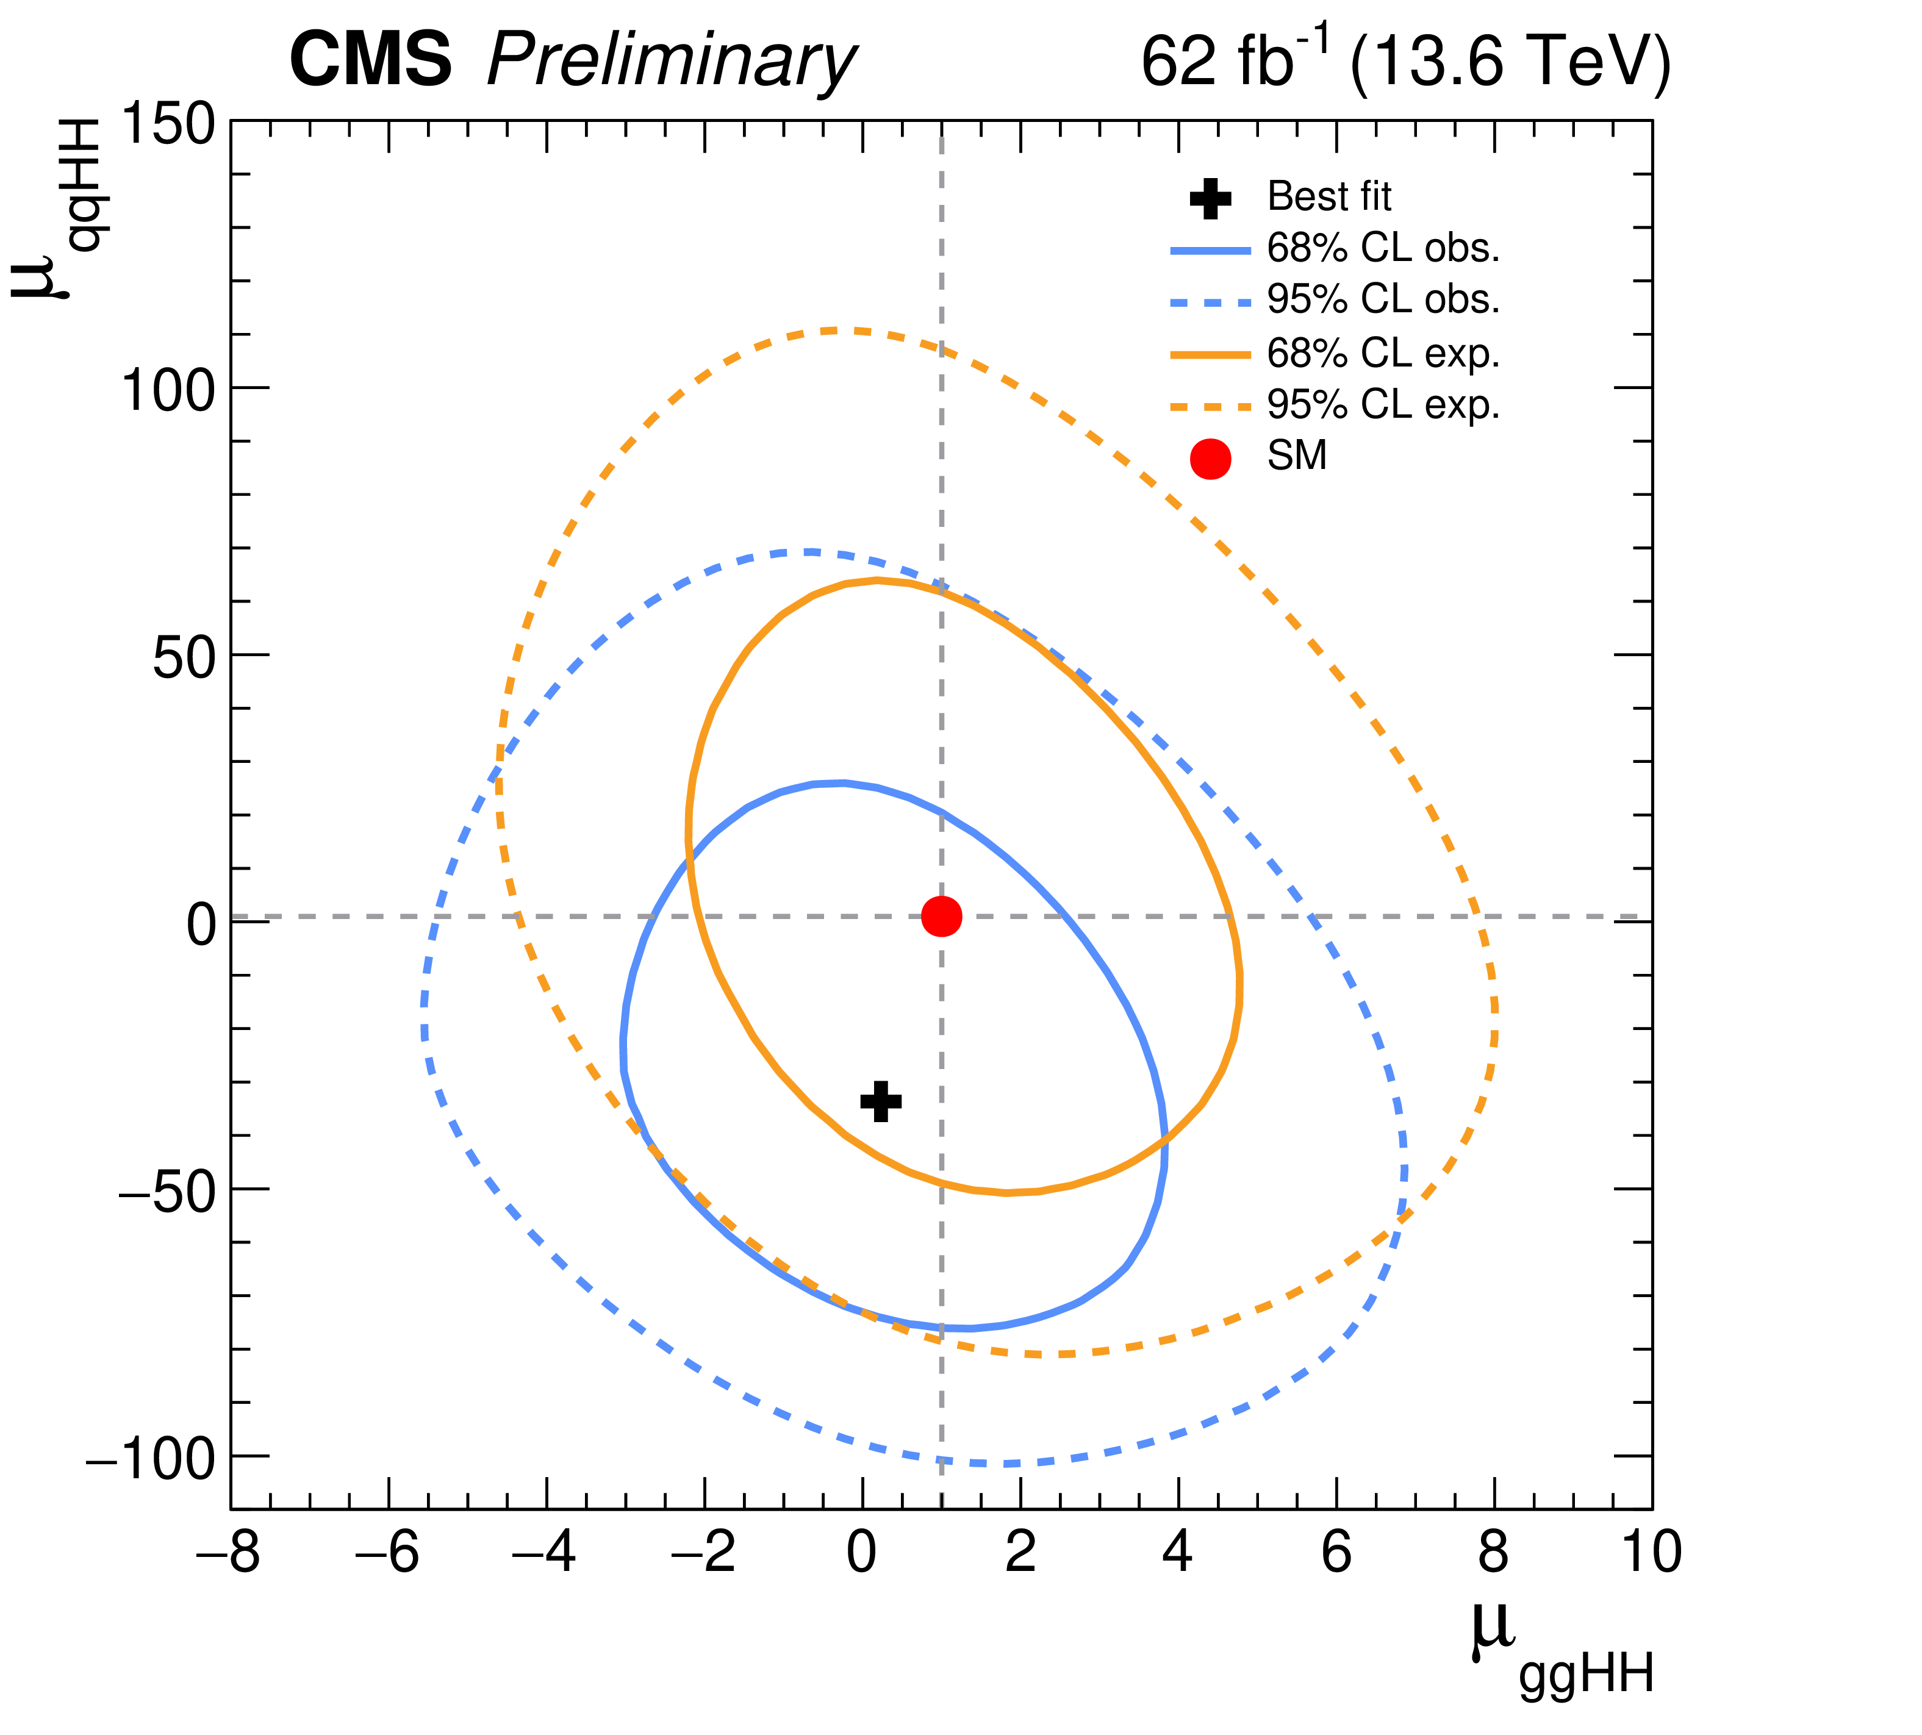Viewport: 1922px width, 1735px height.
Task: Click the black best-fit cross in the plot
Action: pyautogui.click(x=881, y=1101)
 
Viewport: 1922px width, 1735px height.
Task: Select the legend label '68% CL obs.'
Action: pyautogui.click(x=1383, y=249)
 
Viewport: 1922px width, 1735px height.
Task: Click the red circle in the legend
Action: pyautogui.click(x=1211, y=459)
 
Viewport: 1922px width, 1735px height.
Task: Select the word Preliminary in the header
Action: pyautogui.click(x=671, y=63)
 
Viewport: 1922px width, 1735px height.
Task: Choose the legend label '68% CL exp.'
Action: pyautogui.click(x=1383, y=354)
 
